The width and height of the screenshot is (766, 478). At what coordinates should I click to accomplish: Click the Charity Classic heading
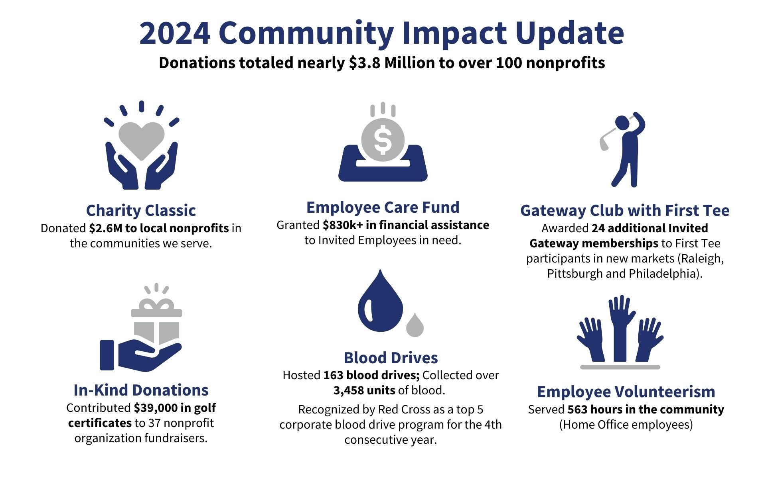(x=141, y=210)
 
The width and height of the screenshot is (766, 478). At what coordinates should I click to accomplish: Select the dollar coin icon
(x=383, y=140)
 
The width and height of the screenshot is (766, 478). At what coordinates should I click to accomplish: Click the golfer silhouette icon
(x=623, y=149)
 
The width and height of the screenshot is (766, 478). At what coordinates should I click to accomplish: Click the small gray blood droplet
(x=415, y=325)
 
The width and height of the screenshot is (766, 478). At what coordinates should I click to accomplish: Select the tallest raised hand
(x=620, y=328)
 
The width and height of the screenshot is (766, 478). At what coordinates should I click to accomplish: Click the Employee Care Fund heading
(x=383, y=207)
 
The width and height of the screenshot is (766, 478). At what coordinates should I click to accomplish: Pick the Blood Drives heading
(x=391, y=358)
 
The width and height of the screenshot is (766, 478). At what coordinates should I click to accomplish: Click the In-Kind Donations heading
(x=141, y=390)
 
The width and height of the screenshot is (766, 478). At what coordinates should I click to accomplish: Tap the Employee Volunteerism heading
(x=626, y=392)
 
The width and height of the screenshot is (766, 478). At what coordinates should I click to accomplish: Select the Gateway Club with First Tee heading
(x=625, y=210)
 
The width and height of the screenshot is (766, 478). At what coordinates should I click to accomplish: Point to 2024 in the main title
(x=175, y=33)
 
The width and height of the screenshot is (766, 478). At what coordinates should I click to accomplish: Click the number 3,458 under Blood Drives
(x=349, y=390)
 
